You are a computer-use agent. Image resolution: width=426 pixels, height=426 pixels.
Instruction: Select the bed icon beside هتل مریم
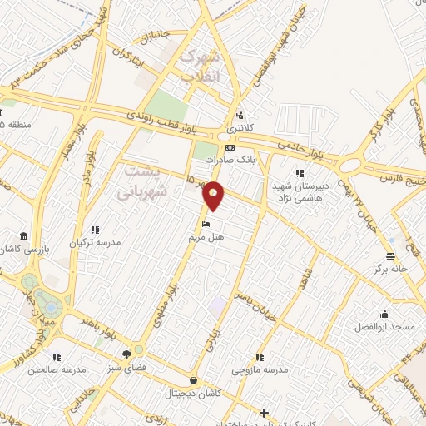click(206, 223)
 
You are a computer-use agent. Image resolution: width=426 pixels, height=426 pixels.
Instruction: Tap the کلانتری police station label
click(240, 130)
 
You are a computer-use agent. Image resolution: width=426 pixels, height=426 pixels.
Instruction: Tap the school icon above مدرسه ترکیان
click(96, 230)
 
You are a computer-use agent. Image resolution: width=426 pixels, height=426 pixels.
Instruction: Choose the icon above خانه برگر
click(389, 256)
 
